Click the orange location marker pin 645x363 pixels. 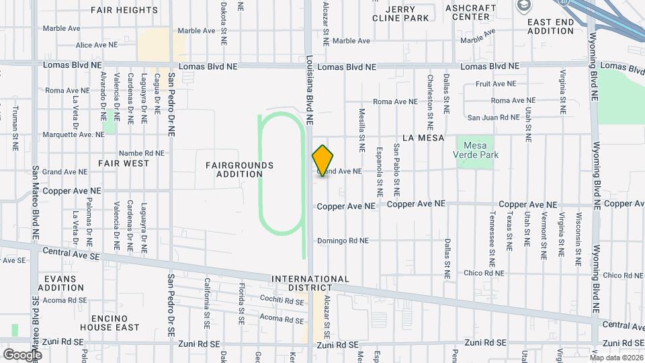[322, 161]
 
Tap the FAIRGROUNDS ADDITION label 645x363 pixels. [240, 169]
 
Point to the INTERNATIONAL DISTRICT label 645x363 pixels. [310, 283]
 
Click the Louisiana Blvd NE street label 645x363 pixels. [310, 90]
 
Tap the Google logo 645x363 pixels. [22, 354]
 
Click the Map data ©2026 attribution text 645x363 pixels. [616, 358]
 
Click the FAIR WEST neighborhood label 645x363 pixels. [124, 163]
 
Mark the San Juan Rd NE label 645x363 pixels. [490, 118]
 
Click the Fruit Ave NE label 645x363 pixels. [496, 84]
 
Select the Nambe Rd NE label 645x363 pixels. [141, 153]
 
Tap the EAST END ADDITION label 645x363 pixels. [550, 26]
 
